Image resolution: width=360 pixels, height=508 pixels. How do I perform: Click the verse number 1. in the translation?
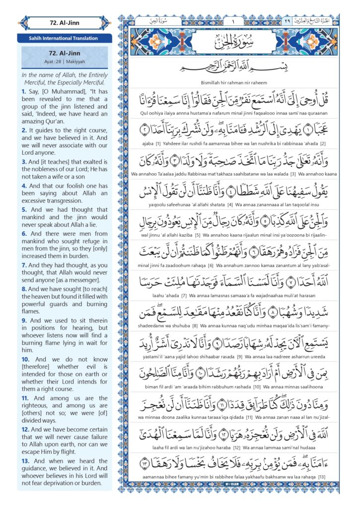[x=24, y=92]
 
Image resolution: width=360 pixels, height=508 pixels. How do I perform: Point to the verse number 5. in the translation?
[x=24, y=210]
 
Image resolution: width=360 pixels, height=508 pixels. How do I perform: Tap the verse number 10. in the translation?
[x=25, y=359]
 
